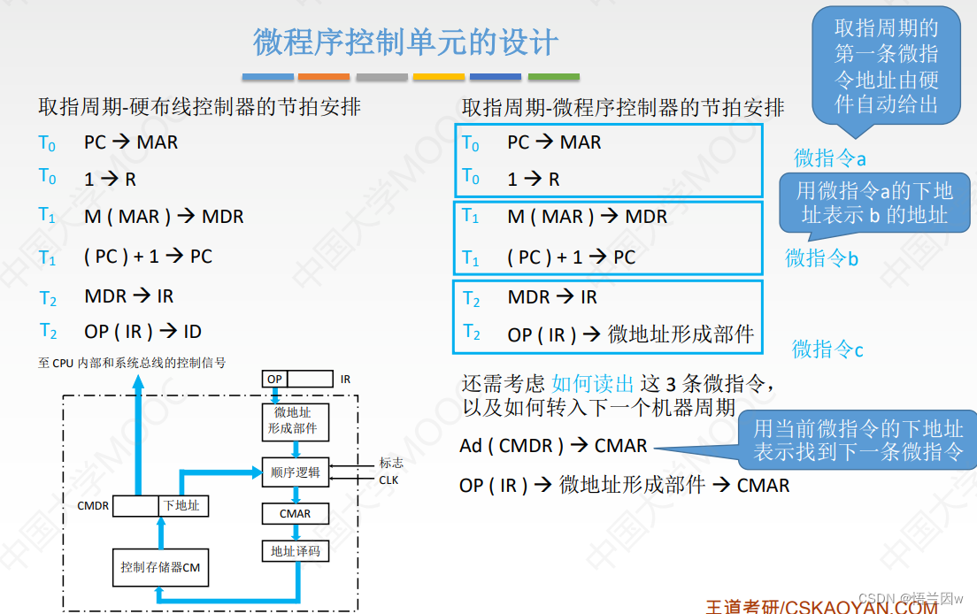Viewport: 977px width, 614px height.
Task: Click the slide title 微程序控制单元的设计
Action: pyautogui.click(x=405, y=42)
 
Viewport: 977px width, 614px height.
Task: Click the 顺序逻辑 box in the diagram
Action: pyautogui.click(x=295, y=472)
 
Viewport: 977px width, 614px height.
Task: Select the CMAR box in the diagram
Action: pyautogui.click(x=295, y=514)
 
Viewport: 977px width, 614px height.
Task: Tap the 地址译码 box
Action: pyautogui.click(x=295, y=551)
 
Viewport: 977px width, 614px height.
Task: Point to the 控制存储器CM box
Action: pyautogui.click(x=160, y=567)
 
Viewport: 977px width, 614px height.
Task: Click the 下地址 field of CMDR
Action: pyautogui.click(x=181, y=506)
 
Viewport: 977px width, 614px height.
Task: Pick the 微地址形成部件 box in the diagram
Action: pyautogui.click(x=292, y=420)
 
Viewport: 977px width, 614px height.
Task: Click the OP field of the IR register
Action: pyautogui.click(x=275, y=379)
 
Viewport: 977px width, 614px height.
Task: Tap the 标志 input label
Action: pyautogui.click(x=391, y=463)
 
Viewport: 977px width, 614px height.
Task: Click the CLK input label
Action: pyautogui.click(x=388, y=480)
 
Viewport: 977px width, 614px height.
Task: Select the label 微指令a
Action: pyautogui.click(x=829, y=158)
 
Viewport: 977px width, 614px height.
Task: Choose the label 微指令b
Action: pyautogui.click(x=821, y=257)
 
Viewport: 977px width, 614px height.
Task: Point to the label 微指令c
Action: pyautogui.click(x=827, y=349)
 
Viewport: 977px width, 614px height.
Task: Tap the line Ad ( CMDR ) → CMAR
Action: pyautogui.click(x=553, y=446)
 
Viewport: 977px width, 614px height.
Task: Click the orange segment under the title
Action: pyautogui.click(x=324, y=77)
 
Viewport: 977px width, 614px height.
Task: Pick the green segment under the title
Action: pyautogui.click(x=554, y=77)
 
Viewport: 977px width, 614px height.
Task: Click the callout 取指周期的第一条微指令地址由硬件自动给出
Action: pyautogui.click(x=886, y=66)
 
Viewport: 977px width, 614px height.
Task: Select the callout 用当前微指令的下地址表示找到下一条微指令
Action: pyautogui.click(x=858, y=441)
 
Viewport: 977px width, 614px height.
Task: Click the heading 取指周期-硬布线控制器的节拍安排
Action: pyautogui.click(x=199, y=108)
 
